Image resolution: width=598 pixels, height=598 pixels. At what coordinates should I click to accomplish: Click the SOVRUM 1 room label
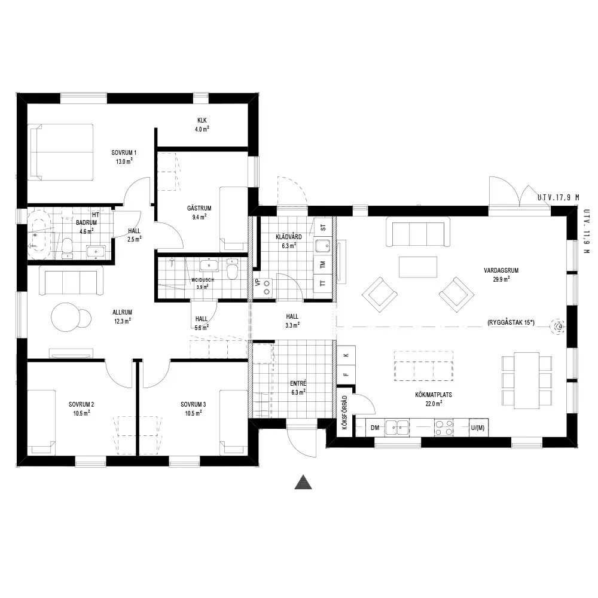[x=124, y=152]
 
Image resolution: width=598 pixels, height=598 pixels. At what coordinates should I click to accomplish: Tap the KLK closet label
[x=202, y=121]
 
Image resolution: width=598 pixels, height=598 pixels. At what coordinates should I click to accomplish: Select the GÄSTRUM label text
[x=199, y=208]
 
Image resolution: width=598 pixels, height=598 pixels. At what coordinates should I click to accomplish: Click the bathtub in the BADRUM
[x=39, y=233]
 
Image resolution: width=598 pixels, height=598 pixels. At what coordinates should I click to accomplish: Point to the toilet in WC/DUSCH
[x=232, y=269]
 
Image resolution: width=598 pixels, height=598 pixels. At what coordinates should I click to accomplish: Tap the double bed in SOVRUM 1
[x=62, y=152]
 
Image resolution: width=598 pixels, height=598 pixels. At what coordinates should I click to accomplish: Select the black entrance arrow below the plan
[x=303, y=482]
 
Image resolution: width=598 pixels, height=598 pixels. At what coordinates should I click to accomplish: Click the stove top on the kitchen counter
[x=444, y=427]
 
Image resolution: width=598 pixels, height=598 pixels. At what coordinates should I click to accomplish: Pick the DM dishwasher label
[x=375, y=428]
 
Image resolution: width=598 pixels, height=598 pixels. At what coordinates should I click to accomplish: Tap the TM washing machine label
[x=323, y=264]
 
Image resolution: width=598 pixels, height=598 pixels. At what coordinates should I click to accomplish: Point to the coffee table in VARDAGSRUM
[x=418, y=267]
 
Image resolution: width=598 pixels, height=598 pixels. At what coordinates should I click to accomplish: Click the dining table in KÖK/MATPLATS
[x=527, y=380]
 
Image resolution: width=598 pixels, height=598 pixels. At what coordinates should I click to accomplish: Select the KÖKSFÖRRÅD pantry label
[x=345, y=413]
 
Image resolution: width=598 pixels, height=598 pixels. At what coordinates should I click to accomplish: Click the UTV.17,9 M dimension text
[x=559, y=197]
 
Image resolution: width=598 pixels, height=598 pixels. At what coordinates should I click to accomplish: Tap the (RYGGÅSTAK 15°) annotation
[x=511, y=323]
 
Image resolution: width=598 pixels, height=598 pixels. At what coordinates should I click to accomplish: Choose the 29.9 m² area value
[x=501, y=279]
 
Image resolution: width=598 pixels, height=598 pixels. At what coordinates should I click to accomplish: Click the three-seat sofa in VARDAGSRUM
[x=418, y=232]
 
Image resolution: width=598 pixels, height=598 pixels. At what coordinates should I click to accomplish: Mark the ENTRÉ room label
[x=298, y=384]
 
